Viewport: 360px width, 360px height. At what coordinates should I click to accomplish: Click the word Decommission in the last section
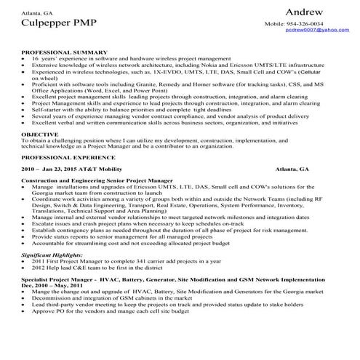50,297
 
